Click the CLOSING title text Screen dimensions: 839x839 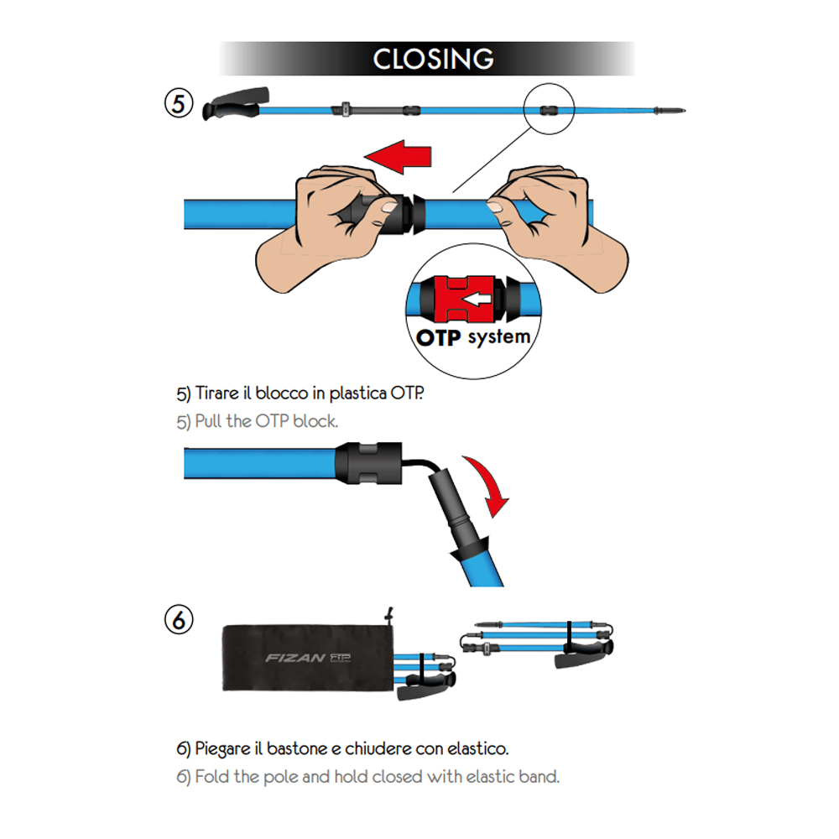pyautogui.click(x=433, y=59)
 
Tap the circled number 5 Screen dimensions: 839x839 pyautogui.click(x=179, y=103)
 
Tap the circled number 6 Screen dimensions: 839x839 pyautogui.click(x=179, y=620)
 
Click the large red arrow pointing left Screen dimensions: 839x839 pyautogui.click(x=399, y=156)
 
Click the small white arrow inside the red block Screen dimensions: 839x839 pyautogui.click(x=477, y=300)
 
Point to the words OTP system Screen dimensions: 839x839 pyautogui.click(x=473, y=337)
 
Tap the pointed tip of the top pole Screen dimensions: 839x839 pyautogui.click(x=685, y=111)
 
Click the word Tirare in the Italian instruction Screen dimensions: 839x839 pyautogui.click(x=217, y=393)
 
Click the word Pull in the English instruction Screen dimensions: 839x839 pyautogui.click(x=210, y=421)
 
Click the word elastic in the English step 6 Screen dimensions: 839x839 pyautogui.click(x=486, y=776)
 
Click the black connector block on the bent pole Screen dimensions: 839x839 pyautogui.click(x=368, y=463)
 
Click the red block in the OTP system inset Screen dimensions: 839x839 pyautogui.click(x=459, y=300)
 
